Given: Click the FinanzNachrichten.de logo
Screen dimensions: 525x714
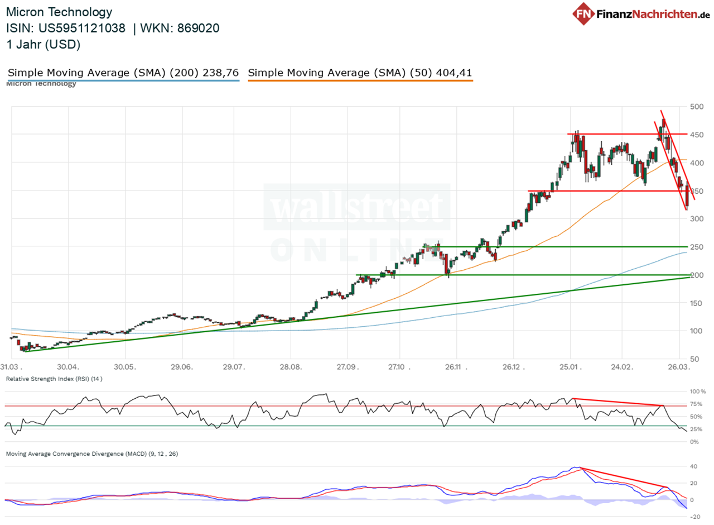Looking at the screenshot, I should point(641,15).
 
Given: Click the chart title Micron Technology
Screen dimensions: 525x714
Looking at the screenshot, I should point(59,12).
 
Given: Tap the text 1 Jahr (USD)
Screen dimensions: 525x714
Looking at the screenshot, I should point(44,45).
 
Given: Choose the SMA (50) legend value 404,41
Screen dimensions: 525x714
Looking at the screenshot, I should point(454,73).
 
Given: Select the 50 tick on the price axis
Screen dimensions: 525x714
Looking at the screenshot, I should point(696,359).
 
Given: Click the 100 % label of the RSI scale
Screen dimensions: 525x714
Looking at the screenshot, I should point(697,392).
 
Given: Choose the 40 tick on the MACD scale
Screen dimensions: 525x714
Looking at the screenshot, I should point(694,466).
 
